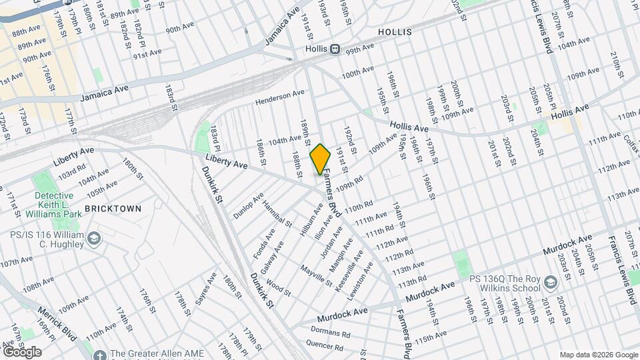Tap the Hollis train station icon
(x=336, y=49)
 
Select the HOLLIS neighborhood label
(x=395, y=32)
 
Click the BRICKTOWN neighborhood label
(x=113, y=209)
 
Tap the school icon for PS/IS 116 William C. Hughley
(x=94, y=239)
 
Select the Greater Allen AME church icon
(x=99, y=354)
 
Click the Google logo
(x=21, y=351)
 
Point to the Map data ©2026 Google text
(x=598, y=355)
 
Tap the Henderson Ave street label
(x=279, y=98)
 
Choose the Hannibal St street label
(x=276, y=213)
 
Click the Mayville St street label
(x=316, y=275)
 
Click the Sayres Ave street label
(x=203, y=288)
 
